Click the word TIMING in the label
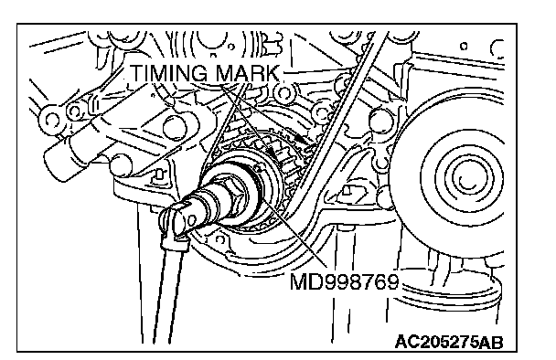169,73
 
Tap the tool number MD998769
345,281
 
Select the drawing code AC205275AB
449,342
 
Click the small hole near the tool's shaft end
192,220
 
